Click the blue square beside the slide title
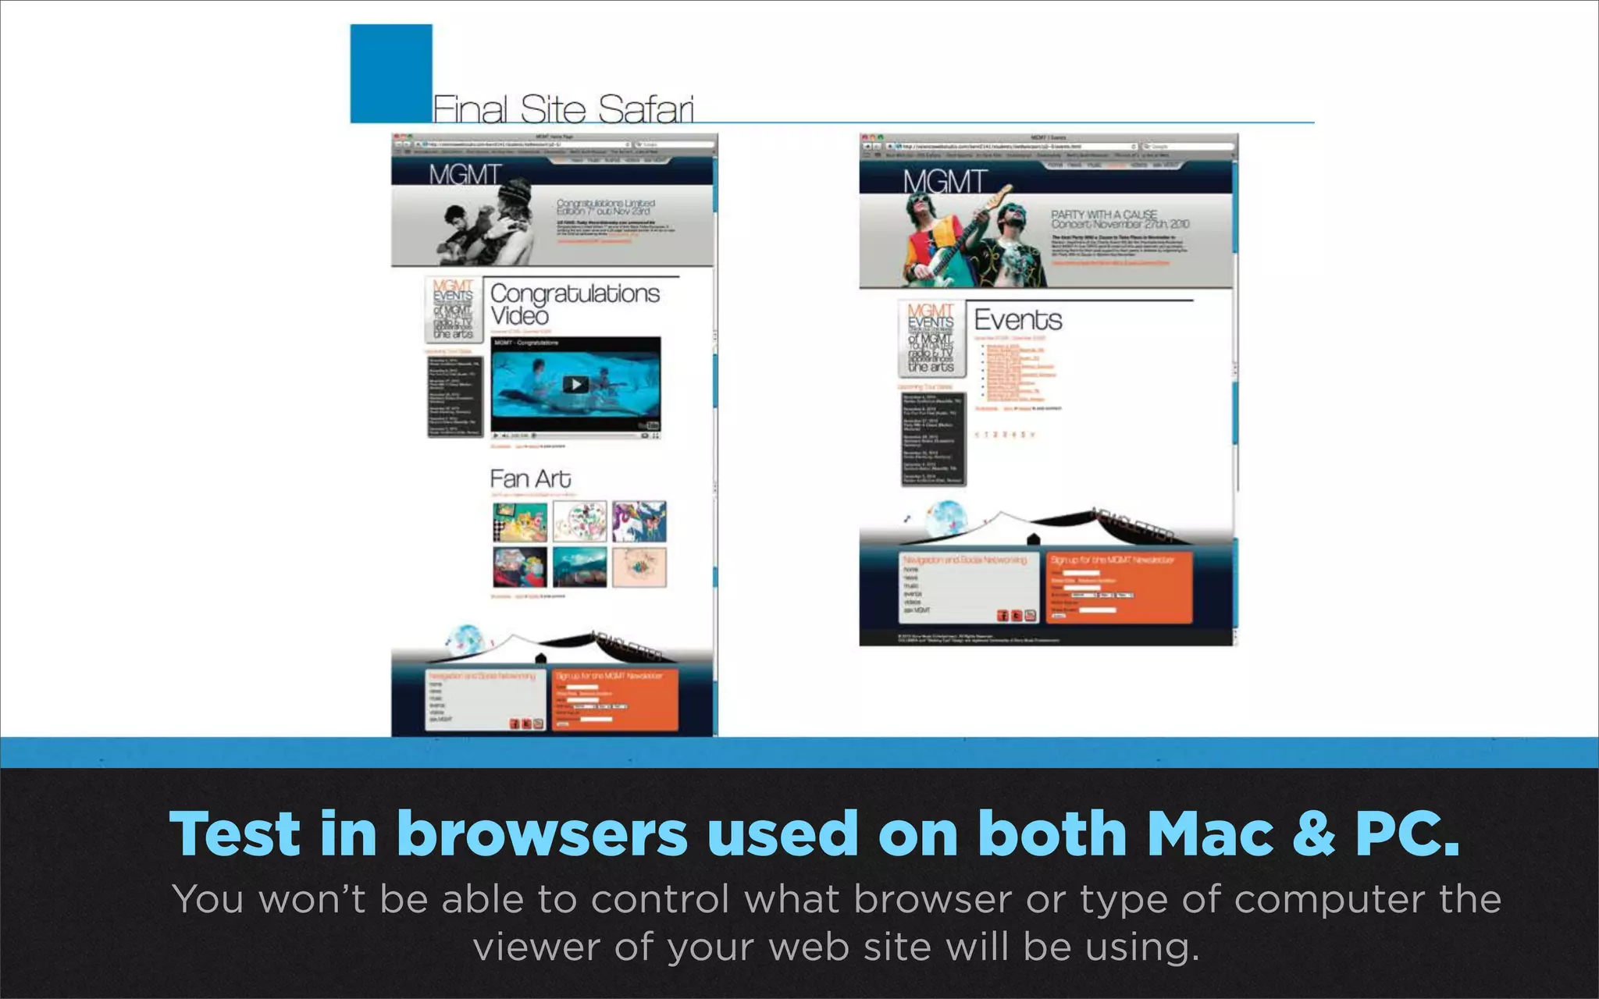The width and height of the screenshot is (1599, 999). (390, 73)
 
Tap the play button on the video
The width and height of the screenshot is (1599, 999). (575, 384)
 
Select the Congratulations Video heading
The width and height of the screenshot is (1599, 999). (575, 304)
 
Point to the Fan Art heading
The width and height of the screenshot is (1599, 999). (530, 478)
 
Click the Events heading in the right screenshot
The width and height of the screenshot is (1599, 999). (1018, 320)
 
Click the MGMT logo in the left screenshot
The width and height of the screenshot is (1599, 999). (465, 174)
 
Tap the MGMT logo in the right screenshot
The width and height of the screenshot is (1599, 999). (945, 182)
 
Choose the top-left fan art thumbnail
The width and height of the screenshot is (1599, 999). (520, 521)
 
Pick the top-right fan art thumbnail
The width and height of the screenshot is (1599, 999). (639, 521)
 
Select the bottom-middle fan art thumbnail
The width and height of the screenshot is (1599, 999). (579, 567)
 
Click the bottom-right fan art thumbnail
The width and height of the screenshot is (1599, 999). (639, 567)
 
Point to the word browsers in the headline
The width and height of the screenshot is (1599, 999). (542, 834)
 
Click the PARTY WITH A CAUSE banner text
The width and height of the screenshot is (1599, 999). (1103, 214)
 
